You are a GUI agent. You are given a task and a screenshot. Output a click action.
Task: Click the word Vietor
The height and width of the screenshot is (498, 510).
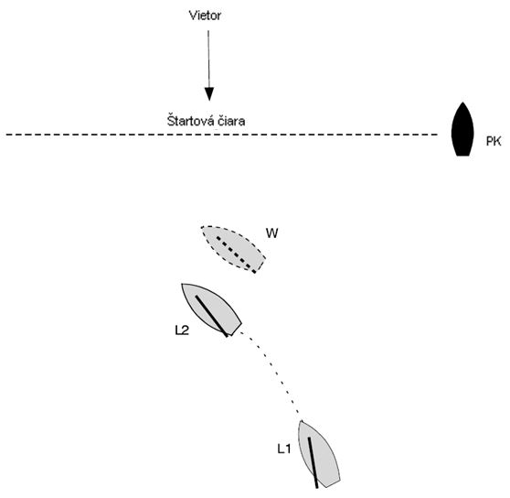click(x=205, y=16)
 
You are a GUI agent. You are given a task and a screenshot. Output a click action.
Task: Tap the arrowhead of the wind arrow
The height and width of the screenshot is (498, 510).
click(x=209, y=94)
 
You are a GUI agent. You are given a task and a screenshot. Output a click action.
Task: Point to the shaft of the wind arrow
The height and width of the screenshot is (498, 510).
click(x=208, y=60)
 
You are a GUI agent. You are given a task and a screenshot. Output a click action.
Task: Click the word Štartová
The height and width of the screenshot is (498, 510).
click(x=187, y=120)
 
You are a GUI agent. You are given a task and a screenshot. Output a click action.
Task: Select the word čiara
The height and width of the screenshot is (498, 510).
click(x=229, y=121)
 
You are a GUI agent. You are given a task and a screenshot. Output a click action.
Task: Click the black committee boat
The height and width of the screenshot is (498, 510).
click(x=462, y=130)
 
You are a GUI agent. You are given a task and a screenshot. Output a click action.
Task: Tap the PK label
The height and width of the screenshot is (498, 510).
click(x=494, y=141)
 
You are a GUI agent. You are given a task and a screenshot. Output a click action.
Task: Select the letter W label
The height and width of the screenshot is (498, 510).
click(x=272, y=233)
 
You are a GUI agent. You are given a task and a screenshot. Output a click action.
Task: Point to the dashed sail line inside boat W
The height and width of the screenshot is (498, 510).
click(x=236, y=254)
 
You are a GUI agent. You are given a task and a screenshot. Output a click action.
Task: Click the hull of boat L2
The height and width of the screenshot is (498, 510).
click(x=211, y=309)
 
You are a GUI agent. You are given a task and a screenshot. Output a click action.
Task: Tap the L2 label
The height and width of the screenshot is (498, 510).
click(x=182, y=330)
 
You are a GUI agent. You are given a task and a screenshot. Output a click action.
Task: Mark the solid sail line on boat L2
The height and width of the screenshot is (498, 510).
click(x=211, y=316)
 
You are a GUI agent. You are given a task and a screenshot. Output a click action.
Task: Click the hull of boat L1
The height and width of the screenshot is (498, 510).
click(x=319, y=454)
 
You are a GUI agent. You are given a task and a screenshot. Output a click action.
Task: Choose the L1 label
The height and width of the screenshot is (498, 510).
click(x=283, y=449)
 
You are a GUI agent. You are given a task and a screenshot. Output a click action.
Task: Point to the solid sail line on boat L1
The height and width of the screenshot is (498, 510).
click(x=313, y=462)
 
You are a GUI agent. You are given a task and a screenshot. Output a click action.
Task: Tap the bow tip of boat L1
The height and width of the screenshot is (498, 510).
click(x=302, y=421)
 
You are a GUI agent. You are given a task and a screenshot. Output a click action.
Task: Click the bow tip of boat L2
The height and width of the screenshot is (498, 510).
click(x=182, y=284)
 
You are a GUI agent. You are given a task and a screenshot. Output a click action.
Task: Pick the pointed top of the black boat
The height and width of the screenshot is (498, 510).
click(x=462, y=103)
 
